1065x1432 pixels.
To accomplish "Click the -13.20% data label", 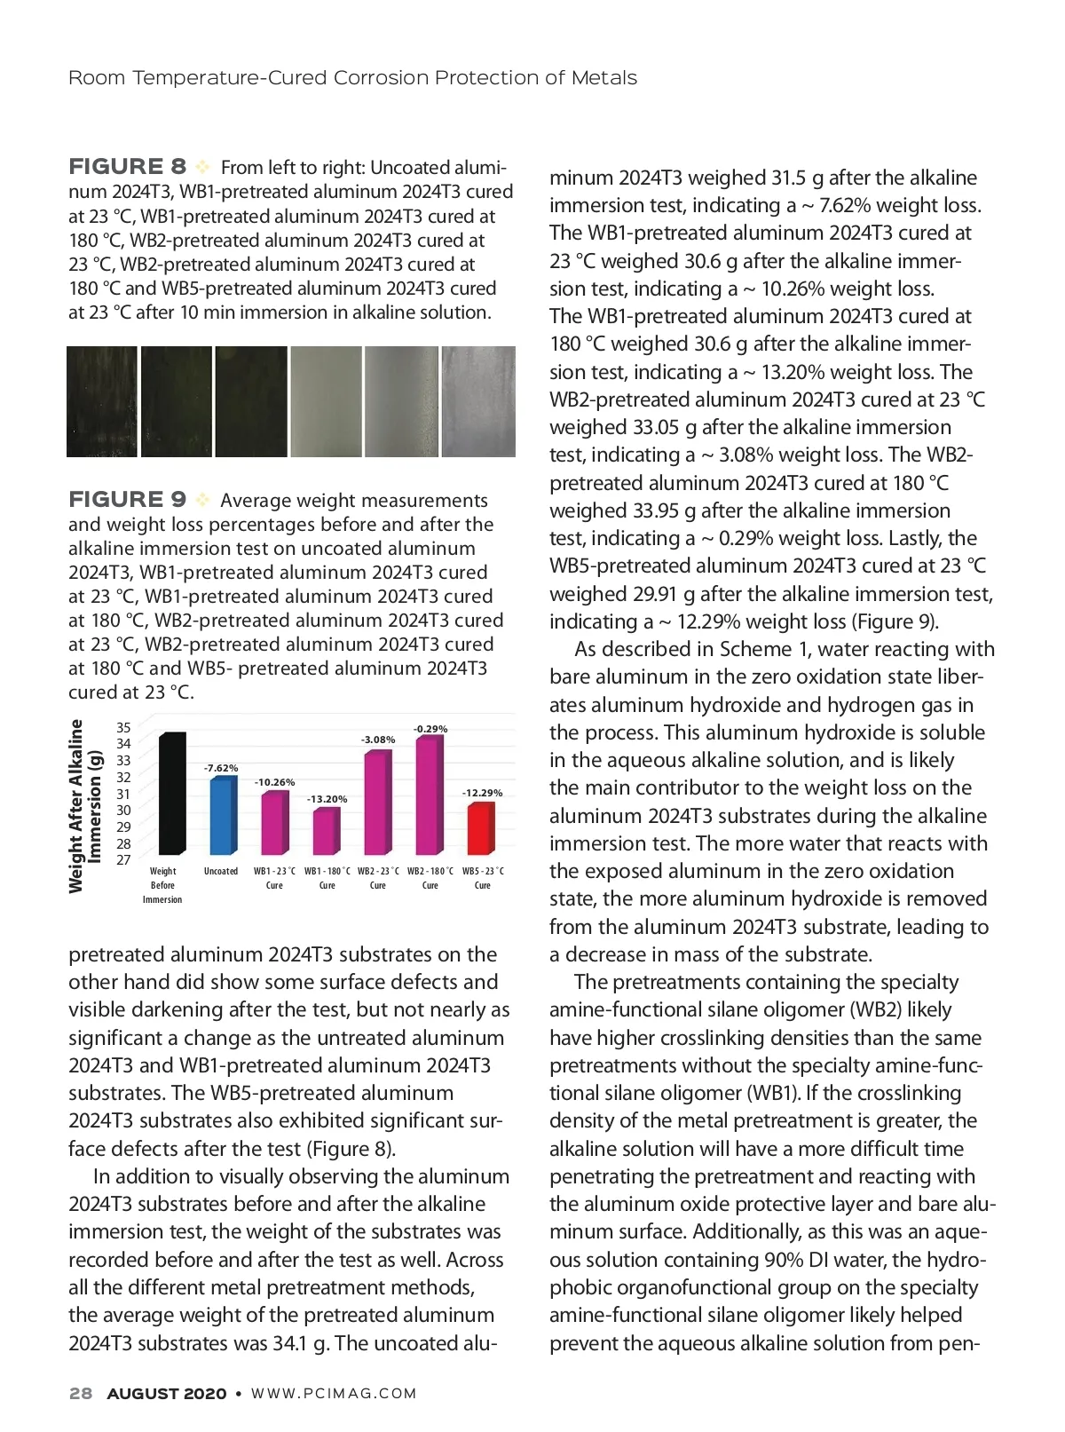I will point(327,799).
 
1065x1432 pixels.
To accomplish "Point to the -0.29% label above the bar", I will point(430,729).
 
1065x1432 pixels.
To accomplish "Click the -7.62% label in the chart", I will point(222,768).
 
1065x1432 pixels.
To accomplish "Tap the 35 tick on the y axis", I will point(123,727).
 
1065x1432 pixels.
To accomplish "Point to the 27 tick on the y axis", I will point(123,859).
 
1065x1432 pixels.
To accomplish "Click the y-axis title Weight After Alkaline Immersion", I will point(86,804).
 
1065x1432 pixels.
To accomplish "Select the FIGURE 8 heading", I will point(128,167).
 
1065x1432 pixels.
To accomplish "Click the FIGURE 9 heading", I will point(128,500).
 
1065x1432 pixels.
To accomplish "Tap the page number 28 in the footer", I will point(81,1394).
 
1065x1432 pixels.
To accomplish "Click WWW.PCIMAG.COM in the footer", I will point(335,1394).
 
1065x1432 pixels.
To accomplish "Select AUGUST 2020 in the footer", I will point(167,1394).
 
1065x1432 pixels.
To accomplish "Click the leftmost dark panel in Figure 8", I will point(102,401).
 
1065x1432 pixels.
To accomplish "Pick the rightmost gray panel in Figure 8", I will point(478,401).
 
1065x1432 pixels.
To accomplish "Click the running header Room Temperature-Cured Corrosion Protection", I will point(352,78).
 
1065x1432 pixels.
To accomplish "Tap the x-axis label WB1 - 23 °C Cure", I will point(274,878).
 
